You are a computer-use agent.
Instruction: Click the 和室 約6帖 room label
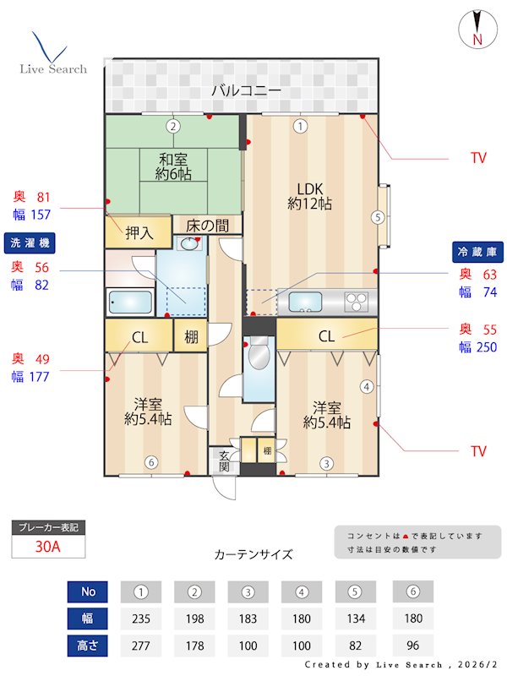(173, 166)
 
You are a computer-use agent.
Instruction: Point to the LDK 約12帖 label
(309, 195)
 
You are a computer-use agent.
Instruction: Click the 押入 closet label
(139, 232)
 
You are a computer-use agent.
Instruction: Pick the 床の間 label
(207, 226)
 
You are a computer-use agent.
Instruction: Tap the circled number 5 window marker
(378, 217)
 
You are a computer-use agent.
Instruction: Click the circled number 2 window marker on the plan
(172, 127)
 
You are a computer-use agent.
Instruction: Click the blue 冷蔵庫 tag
(475, 251)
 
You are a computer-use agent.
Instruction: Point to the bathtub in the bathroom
(130, 302)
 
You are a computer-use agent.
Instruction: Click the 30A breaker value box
(48, 547)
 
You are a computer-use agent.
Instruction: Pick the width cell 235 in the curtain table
(141, 619)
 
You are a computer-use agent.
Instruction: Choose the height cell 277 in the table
(141, 646)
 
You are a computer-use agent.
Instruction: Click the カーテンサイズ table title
(253, 554)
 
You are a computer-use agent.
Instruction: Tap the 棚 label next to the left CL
(191, 337)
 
